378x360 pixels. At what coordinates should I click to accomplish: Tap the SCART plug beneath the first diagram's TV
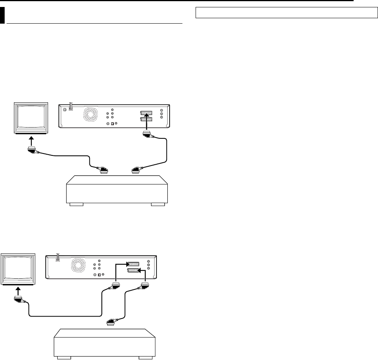[32, 151]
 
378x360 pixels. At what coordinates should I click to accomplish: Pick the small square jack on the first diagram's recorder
[112, 124]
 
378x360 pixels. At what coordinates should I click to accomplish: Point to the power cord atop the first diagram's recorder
[71, 106]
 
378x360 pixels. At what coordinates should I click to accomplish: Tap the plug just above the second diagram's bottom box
[110, 322]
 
